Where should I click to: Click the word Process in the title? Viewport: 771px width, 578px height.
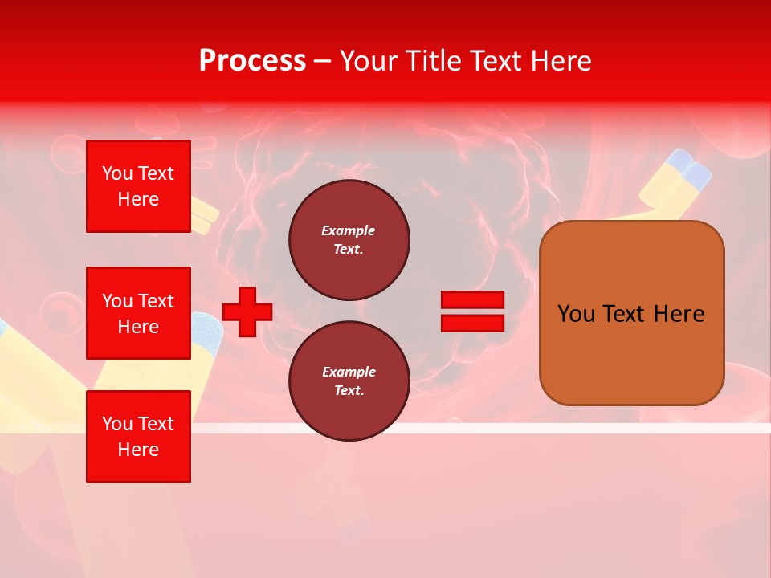pyautogui.click(x=252, y=61)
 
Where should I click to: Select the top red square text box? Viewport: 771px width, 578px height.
pyautogui.click(x=138, y=186)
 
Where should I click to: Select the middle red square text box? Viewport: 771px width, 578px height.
pyautogui.click(x=138, y=313)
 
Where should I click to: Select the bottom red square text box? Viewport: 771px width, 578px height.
pyautogui.click(x=138, y=437)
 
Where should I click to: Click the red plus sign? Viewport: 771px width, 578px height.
pyautogui.click(x=247, y=312)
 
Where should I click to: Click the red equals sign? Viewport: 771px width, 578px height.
pyautogui.click(x=472, y=311)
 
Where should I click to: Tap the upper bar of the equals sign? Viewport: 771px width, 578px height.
pyautogui.click(x=472, y=300)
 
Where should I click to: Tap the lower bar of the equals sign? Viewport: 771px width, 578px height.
pyautogui.click(x=472, y=323)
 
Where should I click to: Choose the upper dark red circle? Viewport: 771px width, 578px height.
pyautogui.click(x=349, y=240)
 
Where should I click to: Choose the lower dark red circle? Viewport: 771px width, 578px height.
pyautogui.click(x=349, y=381)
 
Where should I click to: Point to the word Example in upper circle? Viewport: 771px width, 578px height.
pyautogui.click(x=349, y=230)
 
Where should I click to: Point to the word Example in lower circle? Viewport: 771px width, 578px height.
pyautogui.click(x=349, y=372)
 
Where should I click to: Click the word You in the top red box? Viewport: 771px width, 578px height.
pyautogui.click(x=117, y=173)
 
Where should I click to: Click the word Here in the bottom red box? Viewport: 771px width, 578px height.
pyautogui.click(x=138, y=450)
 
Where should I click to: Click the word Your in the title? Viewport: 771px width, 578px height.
pyautogui.click(x=366, y=61)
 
